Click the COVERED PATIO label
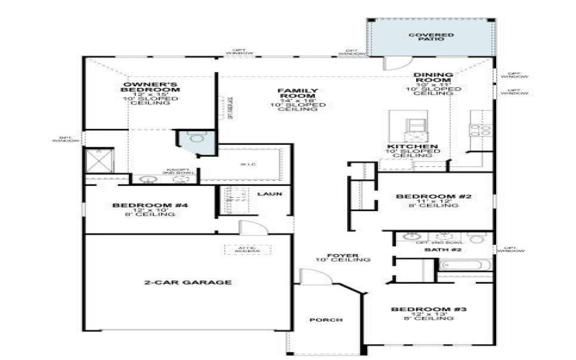point(431,36)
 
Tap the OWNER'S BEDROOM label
point(150,86)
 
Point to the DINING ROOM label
point(433,78)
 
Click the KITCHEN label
point(413,147)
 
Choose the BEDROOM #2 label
point(433,197)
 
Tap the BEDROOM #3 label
point(430,310)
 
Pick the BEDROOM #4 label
point(150,206)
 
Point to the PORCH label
point(325,320)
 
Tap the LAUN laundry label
point(270,194)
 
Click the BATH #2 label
point(437,249)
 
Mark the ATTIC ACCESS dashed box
point(243,250)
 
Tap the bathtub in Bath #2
point(464,273)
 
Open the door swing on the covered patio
point(393,64)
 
